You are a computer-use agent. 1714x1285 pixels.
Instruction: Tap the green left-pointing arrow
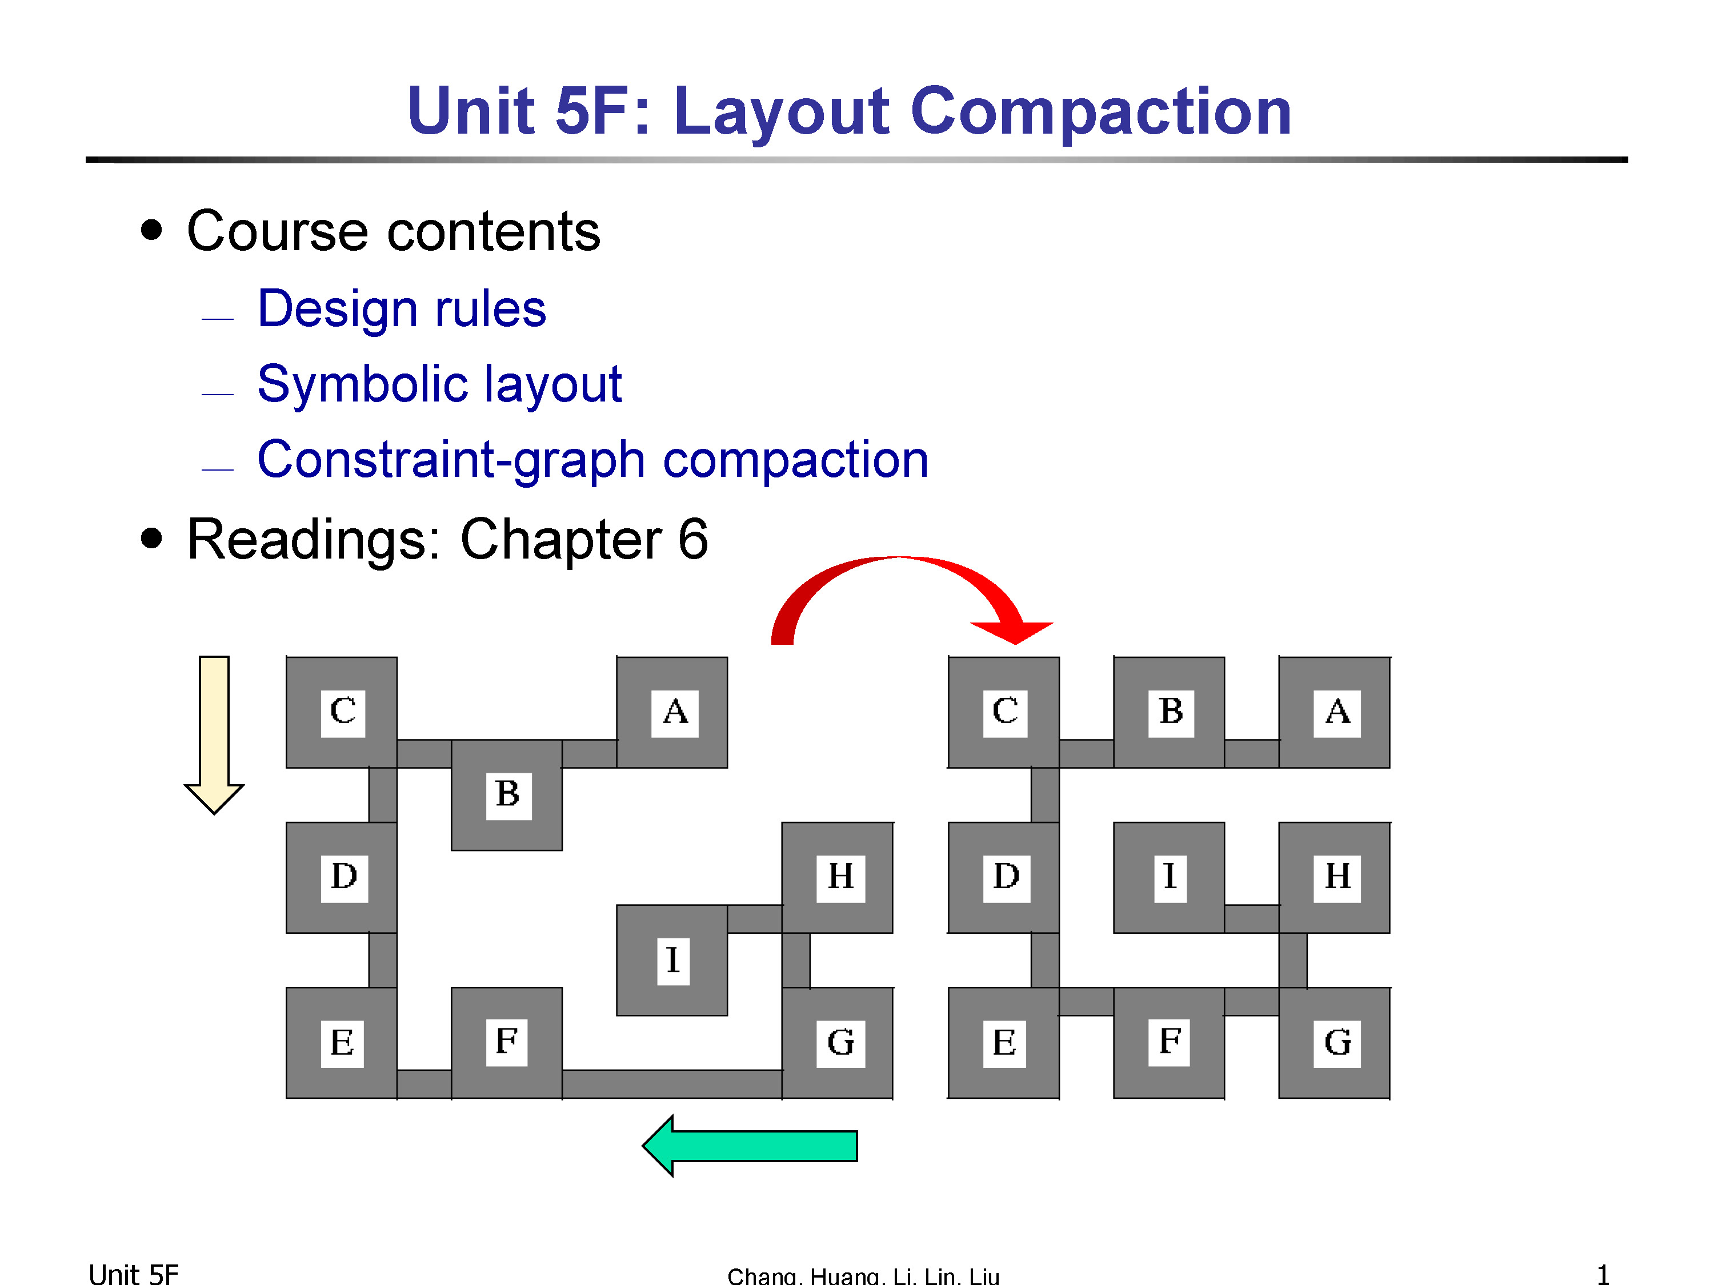750,1146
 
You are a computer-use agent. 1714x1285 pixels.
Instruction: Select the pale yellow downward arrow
214,735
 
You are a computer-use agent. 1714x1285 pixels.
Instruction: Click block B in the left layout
507,795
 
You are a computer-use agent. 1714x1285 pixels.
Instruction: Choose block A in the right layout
1334,712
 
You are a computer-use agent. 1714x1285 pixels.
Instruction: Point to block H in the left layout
838,878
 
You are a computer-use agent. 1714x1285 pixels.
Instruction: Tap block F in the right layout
1170,1042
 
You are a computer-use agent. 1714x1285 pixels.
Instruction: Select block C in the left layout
342,712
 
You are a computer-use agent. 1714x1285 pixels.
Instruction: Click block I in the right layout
1170,878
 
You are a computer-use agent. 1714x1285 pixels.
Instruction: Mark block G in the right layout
1334,1042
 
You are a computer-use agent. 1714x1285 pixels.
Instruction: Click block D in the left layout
342,878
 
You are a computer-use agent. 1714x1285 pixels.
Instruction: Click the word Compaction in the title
1100,113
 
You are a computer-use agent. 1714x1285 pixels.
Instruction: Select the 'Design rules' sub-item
402,309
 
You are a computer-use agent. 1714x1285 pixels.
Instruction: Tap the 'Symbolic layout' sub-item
439,385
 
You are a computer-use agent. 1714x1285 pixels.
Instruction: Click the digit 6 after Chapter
692,539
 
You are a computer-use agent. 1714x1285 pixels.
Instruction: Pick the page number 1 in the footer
1603,1274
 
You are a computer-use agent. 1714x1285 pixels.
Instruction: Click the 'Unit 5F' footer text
133,1274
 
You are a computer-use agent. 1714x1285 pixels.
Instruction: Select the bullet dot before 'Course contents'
152,230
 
